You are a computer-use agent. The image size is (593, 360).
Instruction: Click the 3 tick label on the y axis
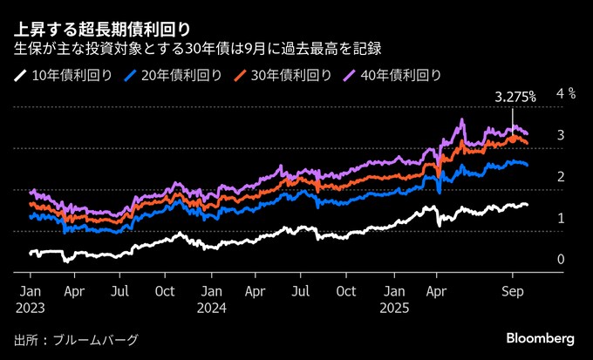click(561, 134)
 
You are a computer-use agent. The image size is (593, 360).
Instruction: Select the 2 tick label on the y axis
click(561, 176)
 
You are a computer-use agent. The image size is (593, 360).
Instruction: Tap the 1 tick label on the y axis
click(561, 218)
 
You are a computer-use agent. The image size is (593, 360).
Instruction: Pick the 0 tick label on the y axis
click(561, 260)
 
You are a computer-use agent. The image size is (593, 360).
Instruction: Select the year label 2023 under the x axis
click(29, 308)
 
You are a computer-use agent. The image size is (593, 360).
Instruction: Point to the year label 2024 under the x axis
click(212, 308)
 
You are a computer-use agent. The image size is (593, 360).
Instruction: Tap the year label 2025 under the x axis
click(395, 308)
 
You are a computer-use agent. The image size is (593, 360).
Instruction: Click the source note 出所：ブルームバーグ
click(77, 339)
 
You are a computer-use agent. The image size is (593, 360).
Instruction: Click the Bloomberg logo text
click(540, 337)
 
